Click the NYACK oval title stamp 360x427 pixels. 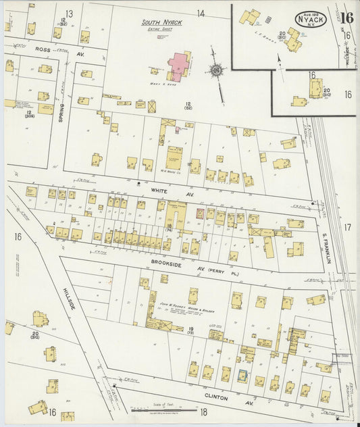point(311,20)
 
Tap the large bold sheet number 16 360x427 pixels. point(347,18)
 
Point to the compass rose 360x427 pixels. point(217,70)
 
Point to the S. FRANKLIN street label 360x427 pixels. point(325,248)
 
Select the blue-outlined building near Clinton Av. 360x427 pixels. point(243,376)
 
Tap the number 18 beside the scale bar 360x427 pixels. point(203,411)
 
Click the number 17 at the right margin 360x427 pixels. point(347,228)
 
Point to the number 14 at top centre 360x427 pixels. point(201,13)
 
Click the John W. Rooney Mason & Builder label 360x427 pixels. point(184,305)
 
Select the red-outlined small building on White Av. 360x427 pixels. point(199,213)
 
